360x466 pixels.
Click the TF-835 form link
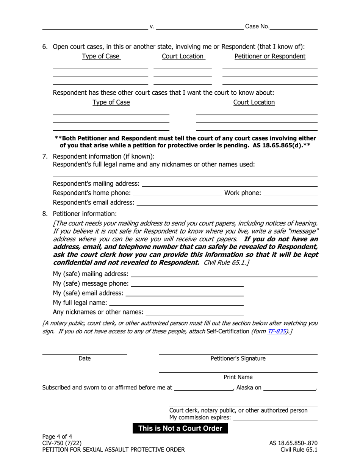pos(276,331)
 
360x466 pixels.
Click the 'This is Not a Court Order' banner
pos(180,428)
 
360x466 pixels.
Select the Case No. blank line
pos(294,27)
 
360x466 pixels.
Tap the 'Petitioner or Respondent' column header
pos(270,56)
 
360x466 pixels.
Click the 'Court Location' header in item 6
pos(183,56)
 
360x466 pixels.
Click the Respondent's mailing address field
pos(229,184)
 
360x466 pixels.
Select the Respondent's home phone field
pos(178,193)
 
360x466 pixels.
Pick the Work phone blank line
pos(290,193)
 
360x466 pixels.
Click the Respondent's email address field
pos(227,203)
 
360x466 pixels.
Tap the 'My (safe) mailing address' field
pos(224,274)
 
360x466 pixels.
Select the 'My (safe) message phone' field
pos(187,284)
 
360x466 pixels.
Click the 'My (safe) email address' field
pos(185,293)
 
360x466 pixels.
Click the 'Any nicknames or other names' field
pos(194,312)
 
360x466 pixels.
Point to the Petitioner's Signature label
pos(238,358)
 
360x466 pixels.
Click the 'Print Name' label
pos(238,377)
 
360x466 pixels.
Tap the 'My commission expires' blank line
pos(275,418)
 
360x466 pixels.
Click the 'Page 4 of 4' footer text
pos(57,436)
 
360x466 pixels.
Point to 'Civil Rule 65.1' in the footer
pos(299,450)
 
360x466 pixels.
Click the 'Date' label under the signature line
pos(85,358)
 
